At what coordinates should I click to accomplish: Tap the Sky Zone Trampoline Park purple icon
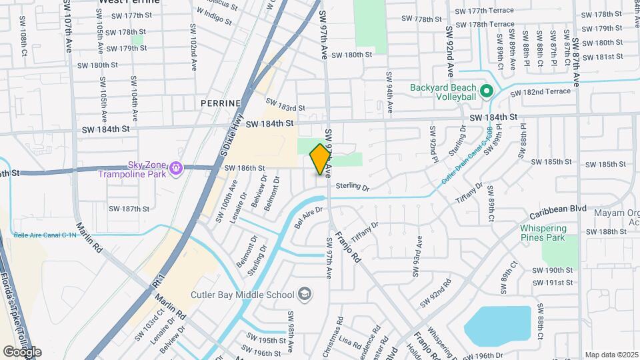point(175,169)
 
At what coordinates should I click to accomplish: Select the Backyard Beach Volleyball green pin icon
point(487,91)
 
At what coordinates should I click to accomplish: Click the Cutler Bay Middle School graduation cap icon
point(304,295)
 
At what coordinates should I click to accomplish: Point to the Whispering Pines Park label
point(543,233)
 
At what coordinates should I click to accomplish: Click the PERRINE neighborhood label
point(219,103)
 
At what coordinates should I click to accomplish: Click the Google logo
point(22,351)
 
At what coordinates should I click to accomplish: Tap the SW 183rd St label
point(285,105)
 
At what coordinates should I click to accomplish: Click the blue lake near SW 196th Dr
point(497,323)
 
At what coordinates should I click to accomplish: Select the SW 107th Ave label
point(69,27)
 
